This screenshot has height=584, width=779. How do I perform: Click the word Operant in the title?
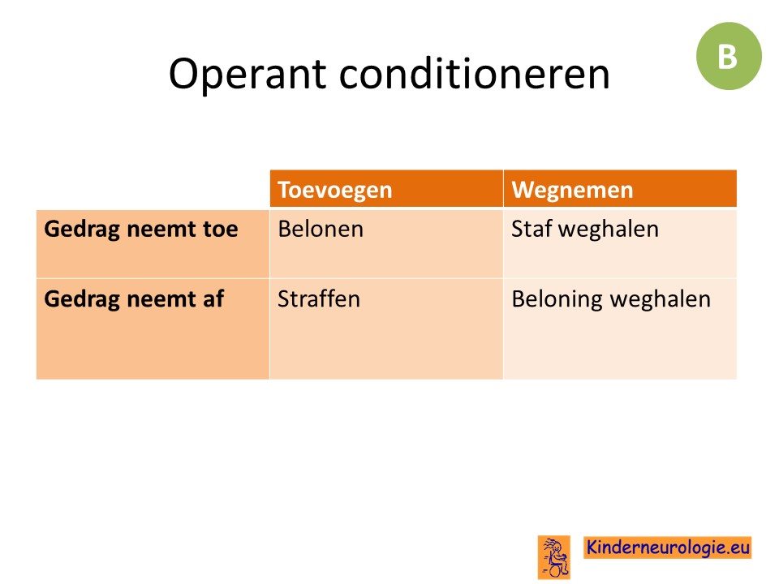click(247, 75)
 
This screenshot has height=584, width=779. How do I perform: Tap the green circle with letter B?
click(729, 56)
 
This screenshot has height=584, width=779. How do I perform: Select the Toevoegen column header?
click(386, 189)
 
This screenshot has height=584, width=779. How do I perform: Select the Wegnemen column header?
click(620, 189)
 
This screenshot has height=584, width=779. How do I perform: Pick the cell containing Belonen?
click(386, 243)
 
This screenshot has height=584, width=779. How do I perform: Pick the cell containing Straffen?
click(386, 328)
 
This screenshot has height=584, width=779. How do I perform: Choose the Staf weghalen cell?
click(620, 243)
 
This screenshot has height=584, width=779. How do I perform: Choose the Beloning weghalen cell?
click(620, 328)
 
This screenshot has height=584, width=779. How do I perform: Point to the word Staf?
click(531, 229)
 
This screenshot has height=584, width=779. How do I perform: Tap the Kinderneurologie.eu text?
click(667, 547)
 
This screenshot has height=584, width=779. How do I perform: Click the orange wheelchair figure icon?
click(554, 557)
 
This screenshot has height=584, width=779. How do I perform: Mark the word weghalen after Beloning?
click(661, 299)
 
